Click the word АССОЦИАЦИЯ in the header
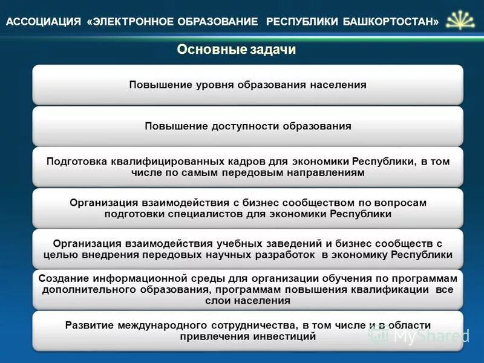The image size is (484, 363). point(43,22)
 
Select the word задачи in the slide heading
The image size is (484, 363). point(271,50)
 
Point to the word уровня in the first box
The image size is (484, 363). point(214,85)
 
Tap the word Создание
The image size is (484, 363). point(62,278)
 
